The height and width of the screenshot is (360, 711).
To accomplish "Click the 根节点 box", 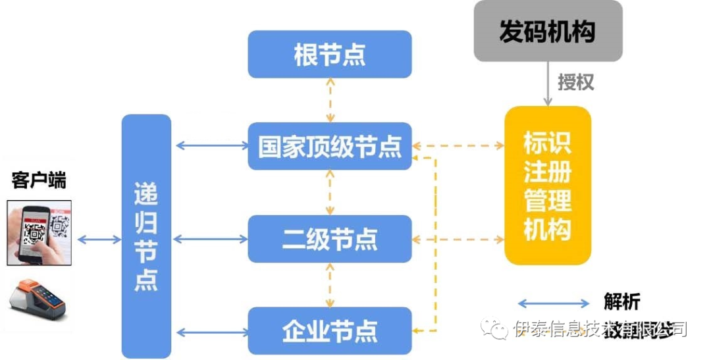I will (329, 55).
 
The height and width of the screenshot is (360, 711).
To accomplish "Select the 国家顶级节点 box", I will (329, 146).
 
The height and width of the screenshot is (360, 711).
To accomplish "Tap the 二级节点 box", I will (329, 239).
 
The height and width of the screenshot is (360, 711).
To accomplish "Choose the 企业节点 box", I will (329, 330).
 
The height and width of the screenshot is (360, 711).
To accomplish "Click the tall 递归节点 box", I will (146, 237).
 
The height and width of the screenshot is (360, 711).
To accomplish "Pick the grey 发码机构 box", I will (548, 31).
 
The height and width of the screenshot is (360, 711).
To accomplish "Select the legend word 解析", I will (621, 302).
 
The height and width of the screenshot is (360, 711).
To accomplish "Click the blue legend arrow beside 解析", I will (554, 303).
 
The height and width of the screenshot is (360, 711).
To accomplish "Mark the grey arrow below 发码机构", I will (547, 84).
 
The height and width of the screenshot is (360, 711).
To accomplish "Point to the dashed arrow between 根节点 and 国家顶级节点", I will (330, 101).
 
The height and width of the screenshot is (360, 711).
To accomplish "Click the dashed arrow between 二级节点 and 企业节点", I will (330, 285).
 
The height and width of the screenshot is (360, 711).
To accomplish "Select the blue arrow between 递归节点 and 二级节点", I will (210, 239).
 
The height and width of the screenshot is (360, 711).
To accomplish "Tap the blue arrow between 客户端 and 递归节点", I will (98, 239).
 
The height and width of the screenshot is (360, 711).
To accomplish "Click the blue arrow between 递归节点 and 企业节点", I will (210, 331).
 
